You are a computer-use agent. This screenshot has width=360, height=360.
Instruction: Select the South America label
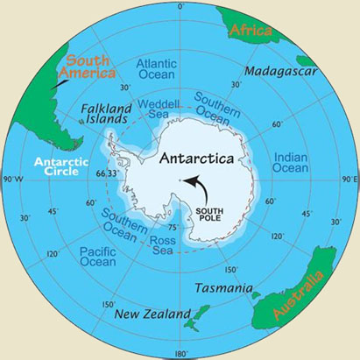(90, 67)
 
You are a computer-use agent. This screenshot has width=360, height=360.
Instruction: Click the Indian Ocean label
(290, 162)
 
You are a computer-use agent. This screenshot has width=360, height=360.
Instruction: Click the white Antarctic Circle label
(57, 166)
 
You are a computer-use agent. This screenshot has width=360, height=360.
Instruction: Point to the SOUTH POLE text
(215, 216)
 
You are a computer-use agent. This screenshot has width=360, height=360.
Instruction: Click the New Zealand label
(155, 314)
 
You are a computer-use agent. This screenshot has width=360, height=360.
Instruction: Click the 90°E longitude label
(349, 179)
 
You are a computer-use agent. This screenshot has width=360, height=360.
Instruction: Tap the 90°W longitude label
(12, 180)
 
